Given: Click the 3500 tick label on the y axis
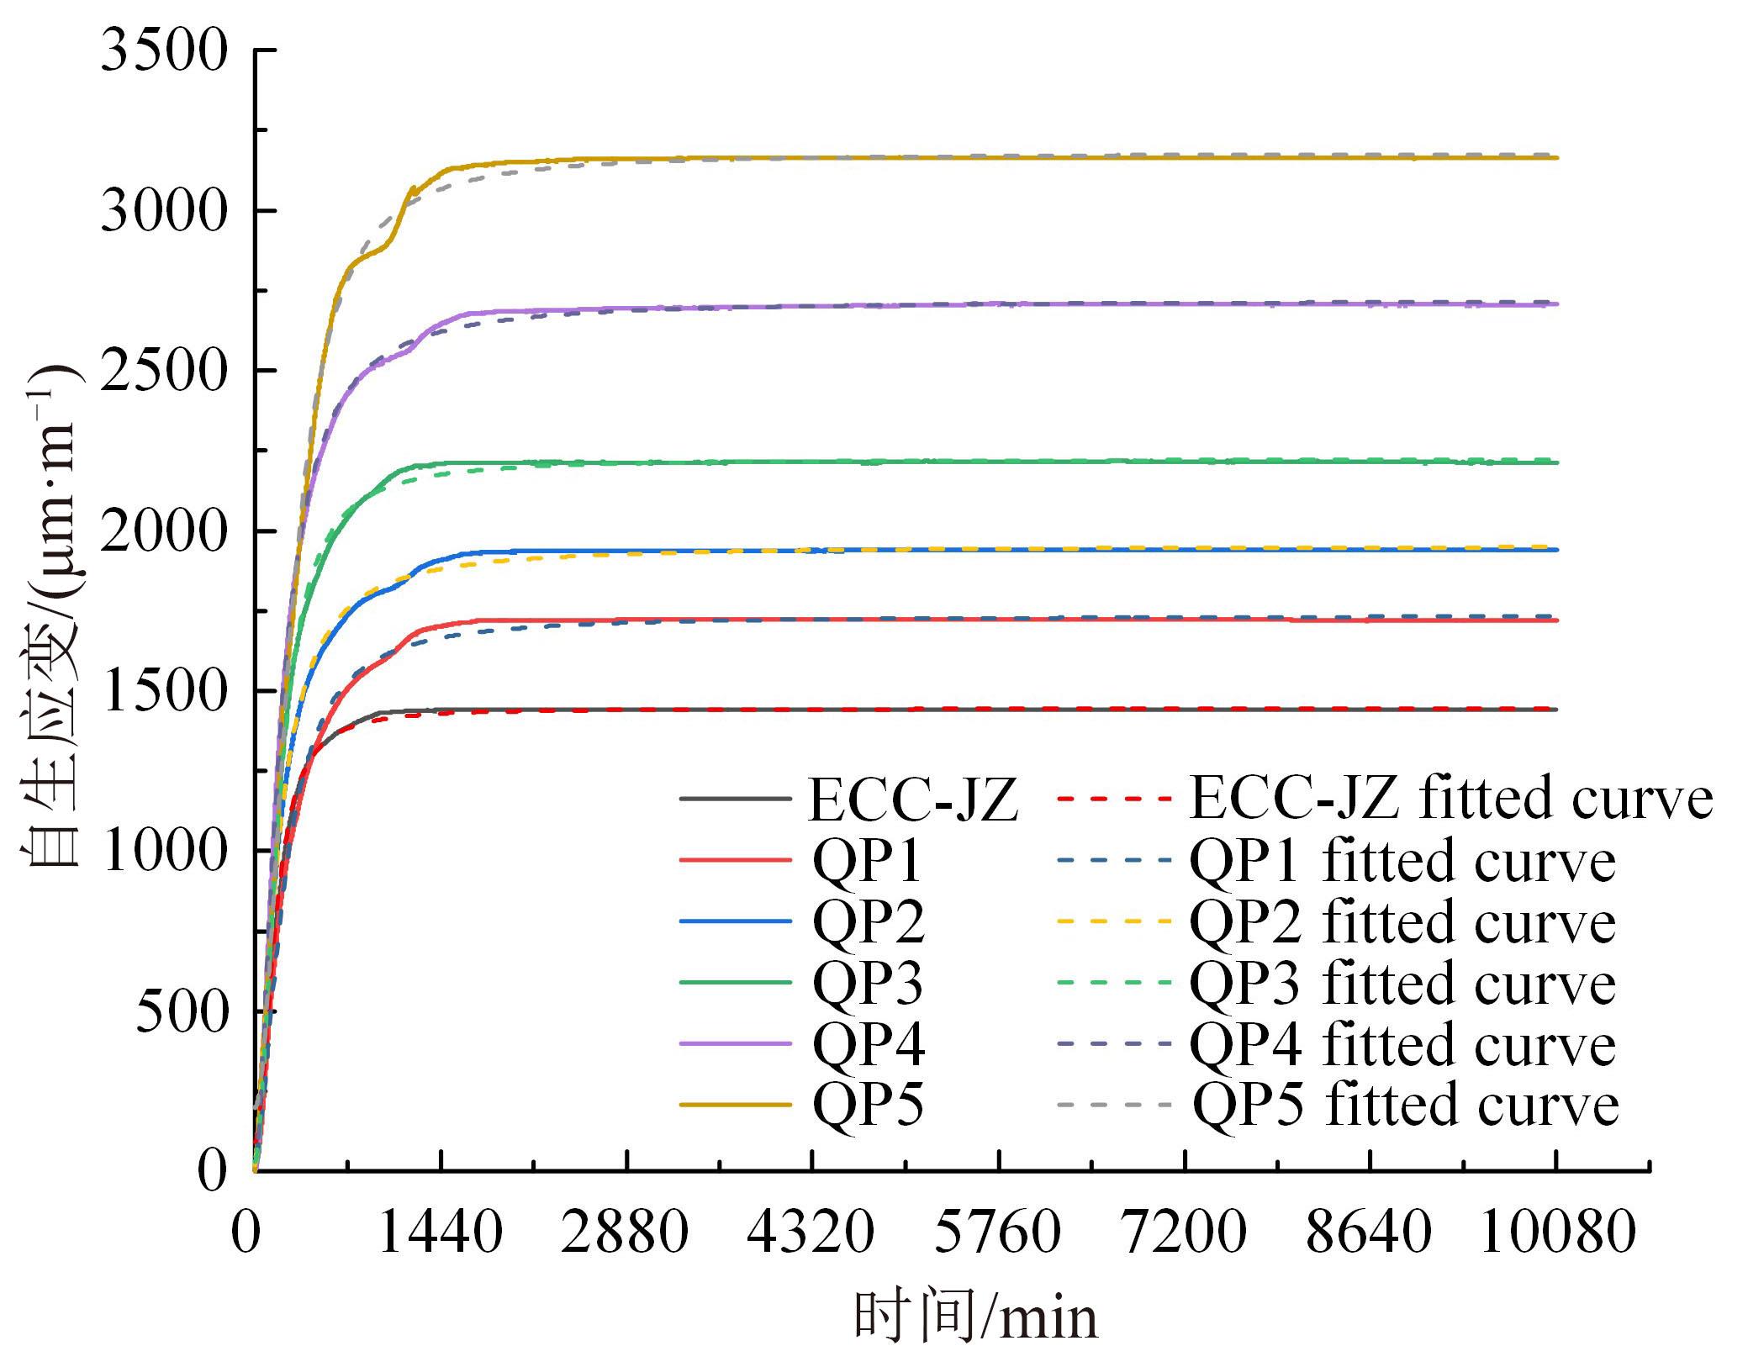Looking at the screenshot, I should (163, 50).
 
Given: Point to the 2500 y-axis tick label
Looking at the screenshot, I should (163, 371).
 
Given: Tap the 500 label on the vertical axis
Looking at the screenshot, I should (181, 1011).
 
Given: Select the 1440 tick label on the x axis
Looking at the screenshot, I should (441, 1233).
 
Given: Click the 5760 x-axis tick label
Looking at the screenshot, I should (998, 1233).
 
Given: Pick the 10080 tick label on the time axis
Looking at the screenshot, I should (1557, 1233).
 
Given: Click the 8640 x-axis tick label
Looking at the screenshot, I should (1369, 1233).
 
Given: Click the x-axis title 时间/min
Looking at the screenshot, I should (976, 1317).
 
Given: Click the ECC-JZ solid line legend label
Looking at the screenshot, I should (913, 800).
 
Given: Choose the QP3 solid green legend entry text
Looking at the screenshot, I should (868, 983).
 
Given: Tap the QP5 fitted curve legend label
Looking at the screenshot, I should (1406, 1104).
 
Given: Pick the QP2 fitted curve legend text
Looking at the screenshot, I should (1402, 922).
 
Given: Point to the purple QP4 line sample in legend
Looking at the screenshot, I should (736, 1043).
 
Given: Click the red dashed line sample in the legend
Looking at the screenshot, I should (1114, 798).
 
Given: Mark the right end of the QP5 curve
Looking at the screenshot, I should (1557, 157).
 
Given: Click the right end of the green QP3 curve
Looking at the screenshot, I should (1557, 462).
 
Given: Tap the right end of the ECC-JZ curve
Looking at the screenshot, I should (1557, 710).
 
